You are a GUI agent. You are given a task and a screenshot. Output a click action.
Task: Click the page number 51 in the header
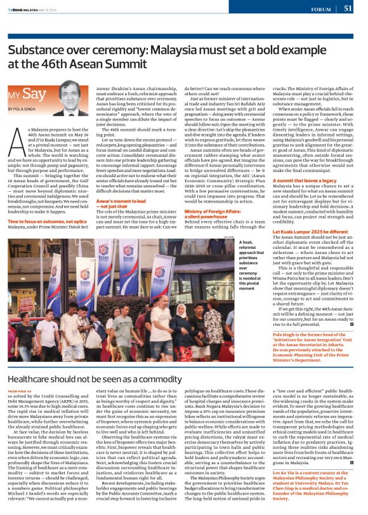click(x=348, y=8)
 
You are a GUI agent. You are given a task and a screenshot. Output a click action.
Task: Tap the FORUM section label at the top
click(x=320, y=9)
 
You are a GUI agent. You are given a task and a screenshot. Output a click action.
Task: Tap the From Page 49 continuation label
click(x=21, y=391)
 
